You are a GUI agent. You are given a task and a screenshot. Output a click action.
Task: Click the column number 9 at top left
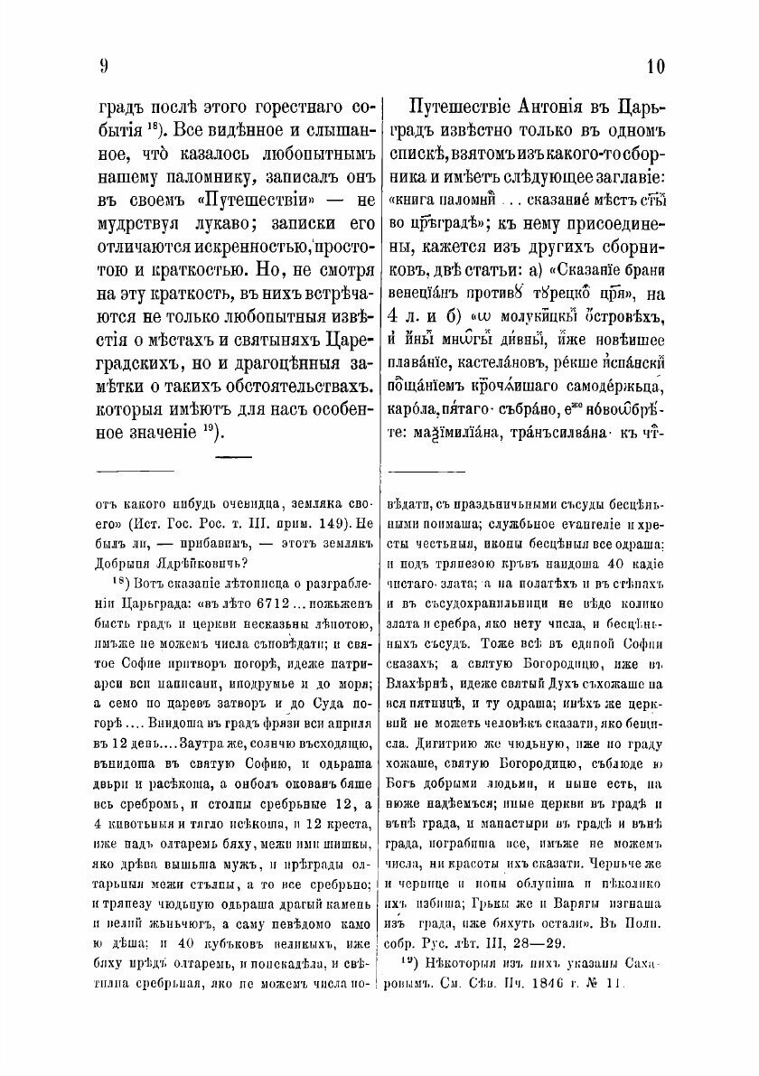click(105, 66)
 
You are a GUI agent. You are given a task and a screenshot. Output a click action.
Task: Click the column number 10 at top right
click(655, 66)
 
